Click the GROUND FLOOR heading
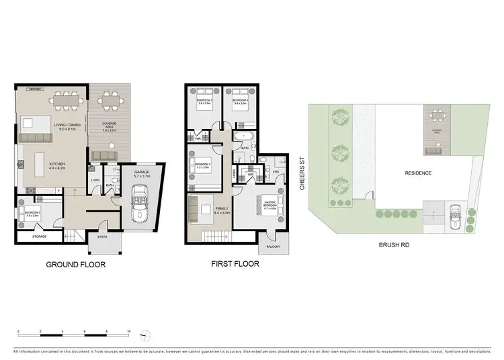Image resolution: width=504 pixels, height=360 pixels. point(75,264)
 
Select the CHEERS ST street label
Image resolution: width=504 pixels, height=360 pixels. point(303,174)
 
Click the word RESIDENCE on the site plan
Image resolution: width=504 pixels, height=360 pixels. point(418,173)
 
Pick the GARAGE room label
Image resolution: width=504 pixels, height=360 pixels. point(141,173)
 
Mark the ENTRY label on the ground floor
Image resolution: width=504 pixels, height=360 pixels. point(102,236)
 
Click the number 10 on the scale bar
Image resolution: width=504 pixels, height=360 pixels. point(128,331)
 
